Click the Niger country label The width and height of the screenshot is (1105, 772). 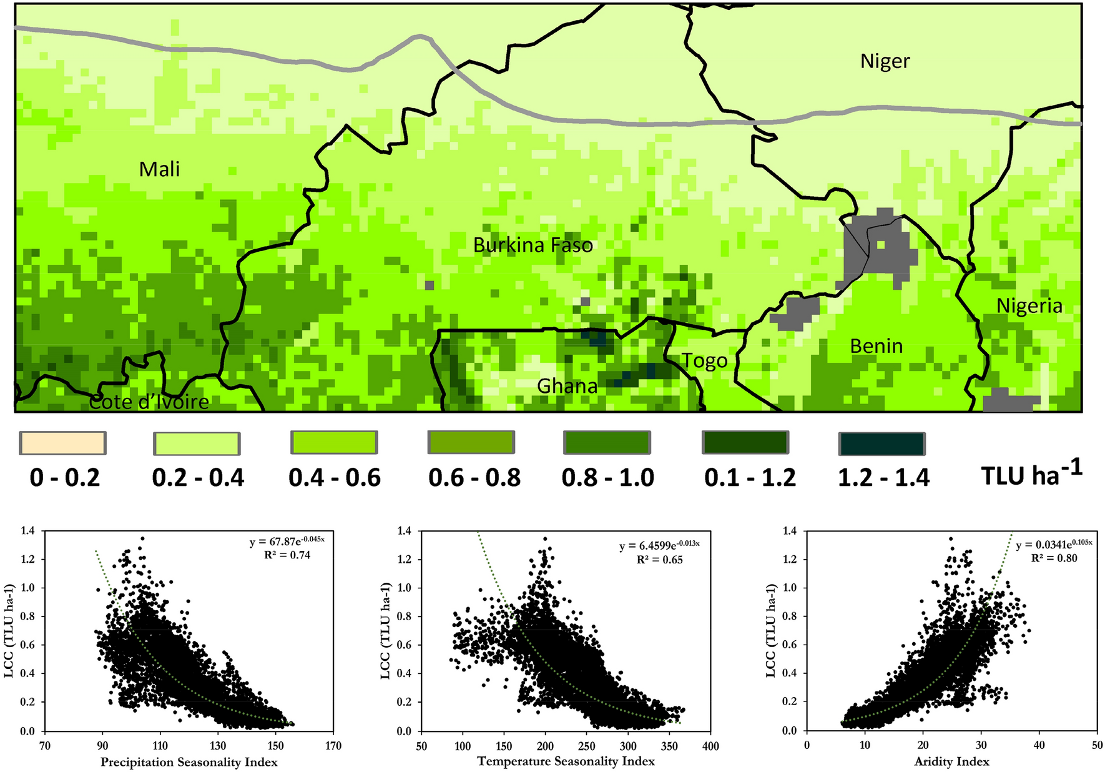pos(885,61)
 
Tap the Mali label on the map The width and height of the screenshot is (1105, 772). pos(159,169)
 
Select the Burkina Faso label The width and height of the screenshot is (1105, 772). pos(533,245)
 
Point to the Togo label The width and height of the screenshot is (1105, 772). pos(704,361)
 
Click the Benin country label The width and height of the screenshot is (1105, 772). pos(876,346)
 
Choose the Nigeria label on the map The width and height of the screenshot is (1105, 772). pos(1029,306)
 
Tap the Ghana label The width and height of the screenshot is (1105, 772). pos(567,386)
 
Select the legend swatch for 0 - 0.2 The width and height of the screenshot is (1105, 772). pos(62,443)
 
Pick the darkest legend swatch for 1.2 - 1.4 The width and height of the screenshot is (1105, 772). pos(881,443)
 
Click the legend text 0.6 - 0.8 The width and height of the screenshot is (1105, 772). pos(474,478)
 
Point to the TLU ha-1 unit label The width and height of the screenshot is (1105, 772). pos(1031,475)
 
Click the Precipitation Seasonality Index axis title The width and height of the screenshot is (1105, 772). pos(189,762)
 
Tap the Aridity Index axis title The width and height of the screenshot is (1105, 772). pos(951,761)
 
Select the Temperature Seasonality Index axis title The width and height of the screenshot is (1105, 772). pos(566,761)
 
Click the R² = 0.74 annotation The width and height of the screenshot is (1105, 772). pos(288,554)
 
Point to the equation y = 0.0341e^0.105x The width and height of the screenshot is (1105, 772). pos(1054,545)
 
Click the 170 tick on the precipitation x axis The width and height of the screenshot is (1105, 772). pos(333,746)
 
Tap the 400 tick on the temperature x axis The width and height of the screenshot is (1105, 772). pos(710,746)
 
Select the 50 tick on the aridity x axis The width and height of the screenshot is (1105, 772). pos(1097,745)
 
